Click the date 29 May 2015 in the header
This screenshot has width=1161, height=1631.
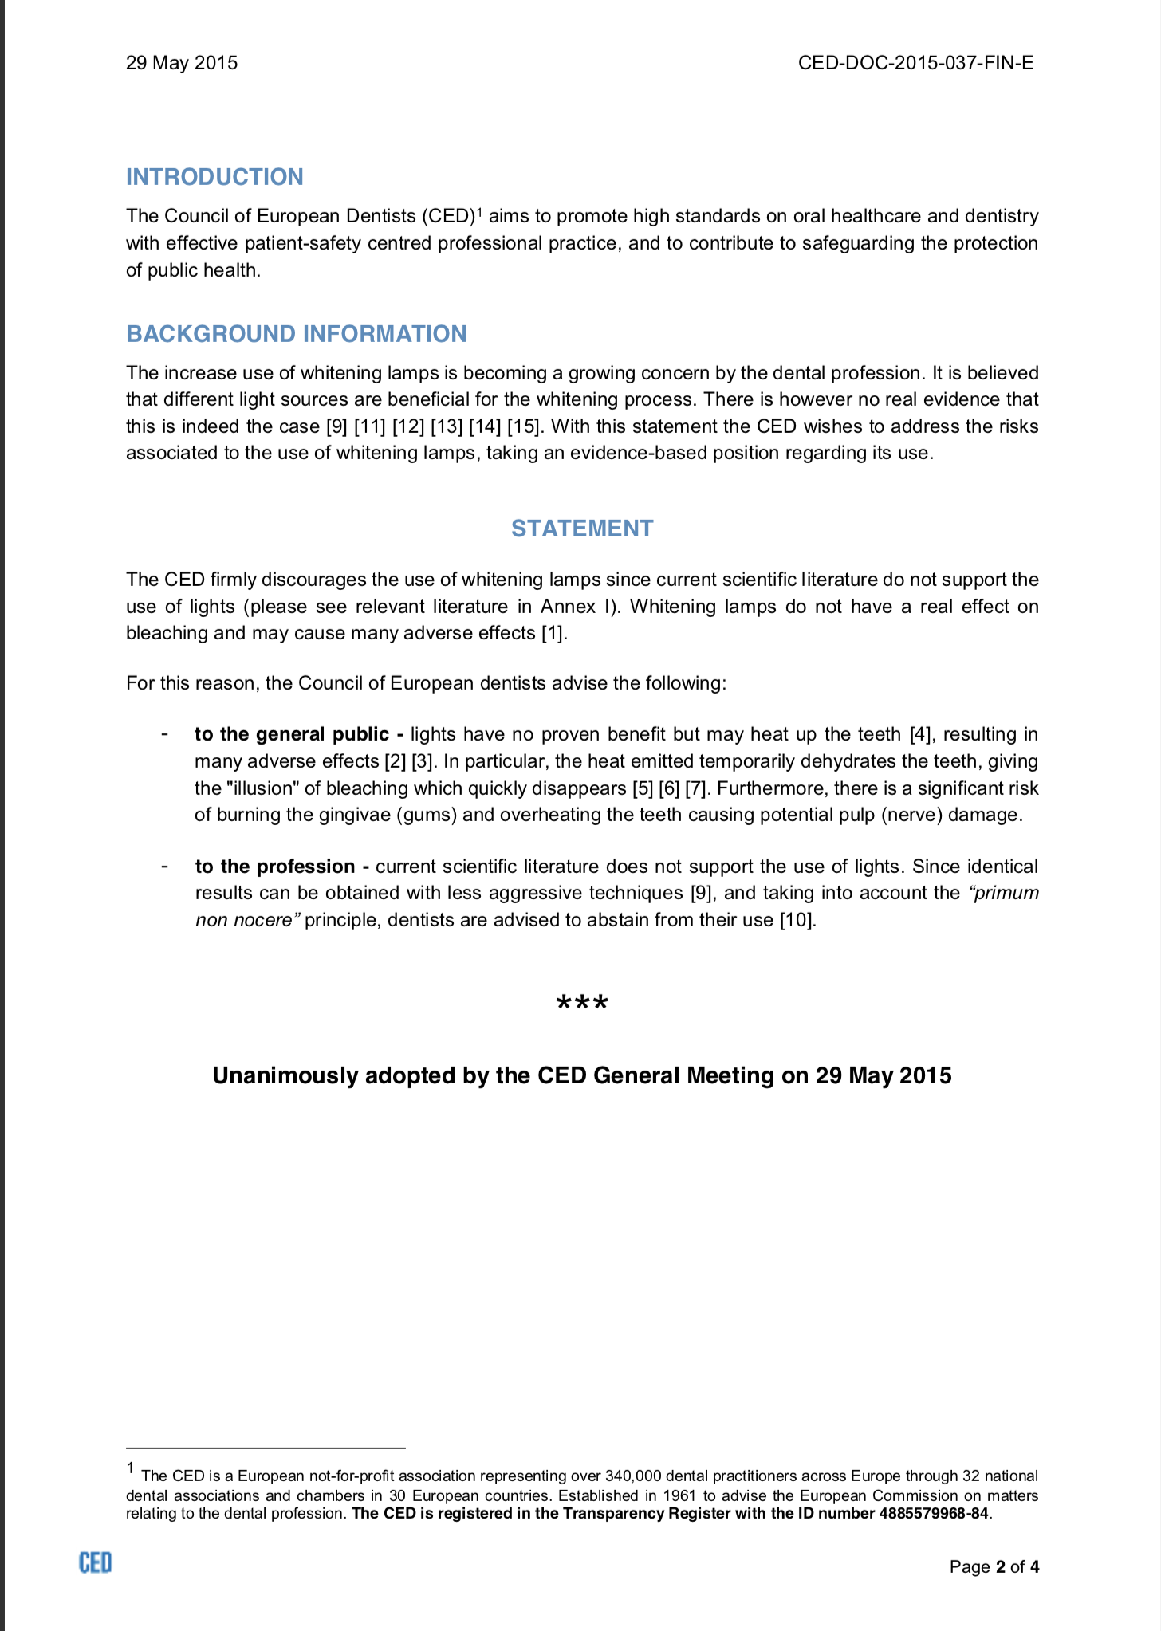coord(182,63)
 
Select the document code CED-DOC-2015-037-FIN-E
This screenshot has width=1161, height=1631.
coord(915,63)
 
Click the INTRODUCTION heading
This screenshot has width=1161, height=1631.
coord(214,177)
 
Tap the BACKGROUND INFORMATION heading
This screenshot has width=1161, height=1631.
coord(297,334)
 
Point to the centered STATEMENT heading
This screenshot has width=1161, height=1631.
coord(582,529)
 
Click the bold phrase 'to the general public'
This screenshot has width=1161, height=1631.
coord(292,734)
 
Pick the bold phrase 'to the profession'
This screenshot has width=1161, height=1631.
coord(275,867)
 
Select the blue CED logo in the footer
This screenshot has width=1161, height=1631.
coord(95,1563)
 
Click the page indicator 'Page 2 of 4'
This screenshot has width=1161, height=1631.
coord(994,1567)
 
